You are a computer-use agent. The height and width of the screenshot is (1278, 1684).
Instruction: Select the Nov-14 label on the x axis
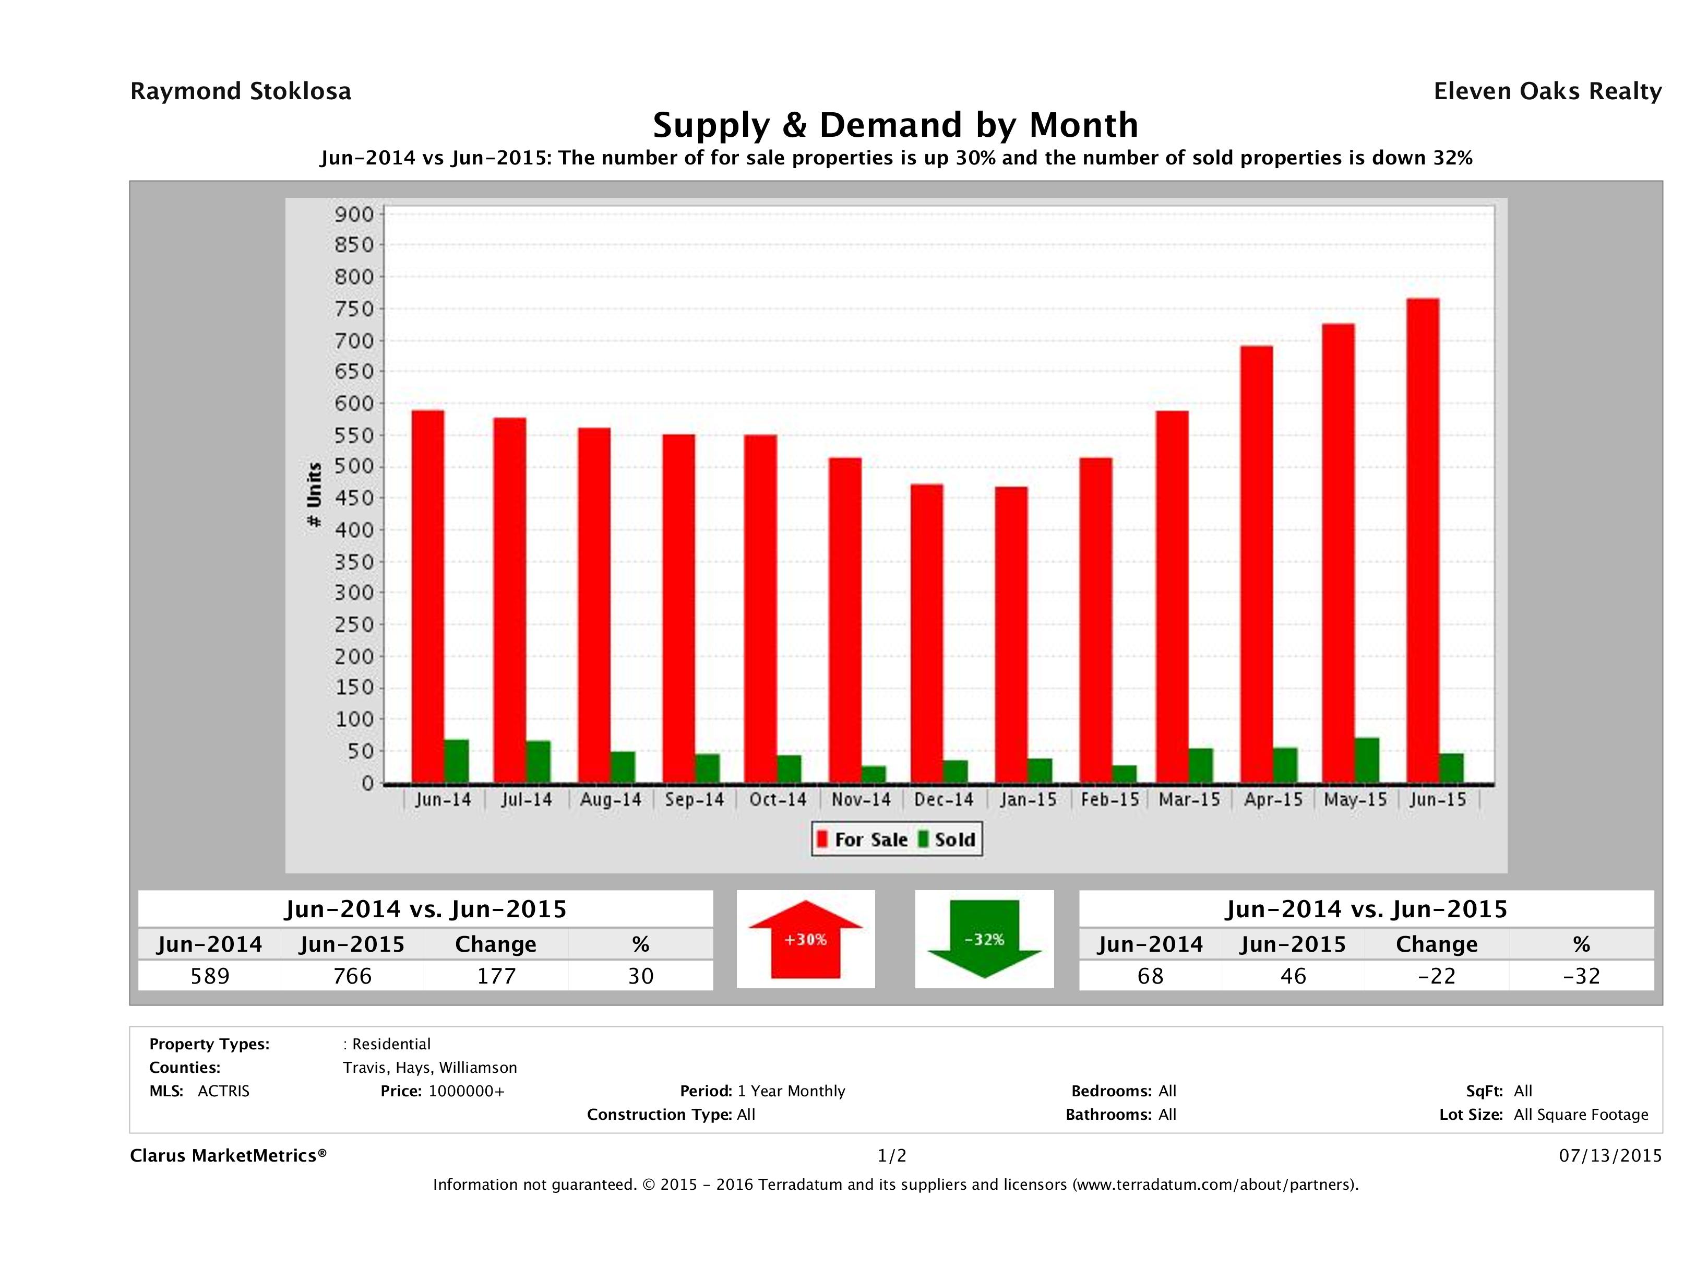point(861,800)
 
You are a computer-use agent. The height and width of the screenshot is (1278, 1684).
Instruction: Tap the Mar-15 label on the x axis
point(1189,800)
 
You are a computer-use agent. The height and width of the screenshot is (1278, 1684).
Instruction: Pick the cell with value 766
point(352,976)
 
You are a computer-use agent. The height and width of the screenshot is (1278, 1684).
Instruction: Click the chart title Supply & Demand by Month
point(895,125)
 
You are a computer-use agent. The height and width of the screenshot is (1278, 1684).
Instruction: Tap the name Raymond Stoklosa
point(241,91)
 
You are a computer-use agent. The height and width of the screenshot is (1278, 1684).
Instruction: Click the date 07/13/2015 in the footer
point(1610,1155)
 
